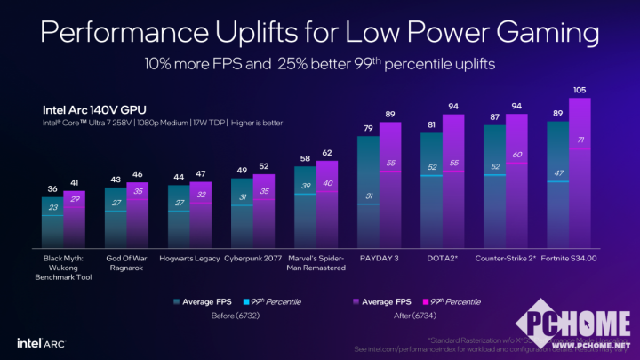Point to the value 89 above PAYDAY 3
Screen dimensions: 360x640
[390, 115]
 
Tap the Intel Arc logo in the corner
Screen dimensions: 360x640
[39, 341]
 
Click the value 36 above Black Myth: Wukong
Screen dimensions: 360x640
[52, 188]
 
